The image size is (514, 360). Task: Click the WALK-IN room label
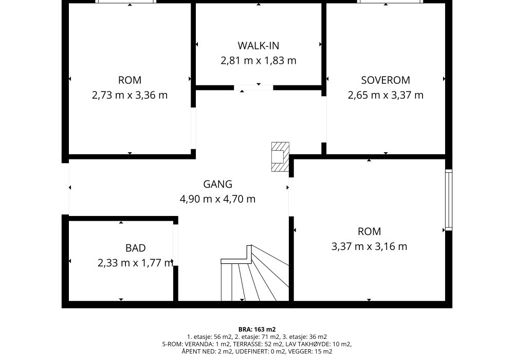(x=259, y=46)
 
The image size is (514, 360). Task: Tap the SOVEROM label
(x=385, y=80)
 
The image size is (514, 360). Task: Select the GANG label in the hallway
(x=217, y=184)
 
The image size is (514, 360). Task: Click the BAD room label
(x=135, y=248)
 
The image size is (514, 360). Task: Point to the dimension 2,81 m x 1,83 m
(x=259, y=61)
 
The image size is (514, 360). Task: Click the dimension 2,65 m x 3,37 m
(x=385, y=95)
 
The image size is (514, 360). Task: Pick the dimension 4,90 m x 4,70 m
(x=217, y=199)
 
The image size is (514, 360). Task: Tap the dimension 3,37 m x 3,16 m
(x=369, y=246)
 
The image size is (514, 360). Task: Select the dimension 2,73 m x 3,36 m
(x=130, y=95)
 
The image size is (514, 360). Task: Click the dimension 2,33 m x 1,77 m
(x=135, y=263)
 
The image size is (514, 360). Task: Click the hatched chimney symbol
(x=280, y=157)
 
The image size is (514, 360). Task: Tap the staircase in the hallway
(x=255, y=273)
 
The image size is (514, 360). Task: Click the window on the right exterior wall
(x=448, y=200)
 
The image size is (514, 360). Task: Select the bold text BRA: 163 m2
(x=257, y=330)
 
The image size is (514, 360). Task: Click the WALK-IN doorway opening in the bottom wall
(x=253, y=87)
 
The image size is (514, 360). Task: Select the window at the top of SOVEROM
(x=390, y=2)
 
